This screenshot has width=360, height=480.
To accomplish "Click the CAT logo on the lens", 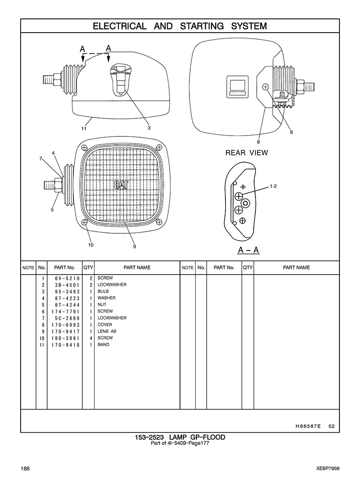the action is click(x=121, y=185).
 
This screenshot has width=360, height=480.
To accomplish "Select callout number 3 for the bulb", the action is click(x=149, y=128).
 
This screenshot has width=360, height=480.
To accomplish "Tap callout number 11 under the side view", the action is click(x=84, y=129).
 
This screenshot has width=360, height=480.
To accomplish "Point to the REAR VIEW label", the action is click(x=246, y=152).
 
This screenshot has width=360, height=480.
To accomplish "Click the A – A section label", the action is click(x=249, y=251).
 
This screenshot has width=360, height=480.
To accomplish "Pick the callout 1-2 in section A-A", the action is click(x=273, y=186).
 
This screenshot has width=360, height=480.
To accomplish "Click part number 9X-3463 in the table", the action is click(x=67, y=291).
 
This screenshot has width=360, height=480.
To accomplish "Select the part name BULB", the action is click(x=103, y=291).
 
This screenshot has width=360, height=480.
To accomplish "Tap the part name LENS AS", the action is click(x=107, y=331).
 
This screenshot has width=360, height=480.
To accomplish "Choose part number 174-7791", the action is click(x=66, y=311).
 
